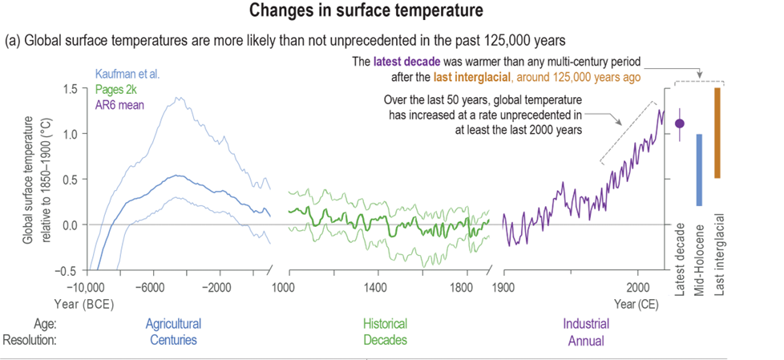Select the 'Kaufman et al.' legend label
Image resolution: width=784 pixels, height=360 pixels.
point(128,74)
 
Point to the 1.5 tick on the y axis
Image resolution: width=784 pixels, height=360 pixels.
point(71,88)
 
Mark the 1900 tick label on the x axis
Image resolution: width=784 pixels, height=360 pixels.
point(503,287)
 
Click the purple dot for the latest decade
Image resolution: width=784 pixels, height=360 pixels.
point(680,123)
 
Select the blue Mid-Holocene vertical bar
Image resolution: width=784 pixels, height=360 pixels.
point(699,170)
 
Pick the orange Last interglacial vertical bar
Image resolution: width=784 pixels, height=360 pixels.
point(717,132)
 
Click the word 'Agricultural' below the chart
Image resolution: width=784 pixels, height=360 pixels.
point(173,324)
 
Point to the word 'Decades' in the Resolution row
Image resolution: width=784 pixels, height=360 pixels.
point(385,340)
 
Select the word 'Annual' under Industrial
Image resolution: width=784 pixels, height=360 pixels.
point(585,340)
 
